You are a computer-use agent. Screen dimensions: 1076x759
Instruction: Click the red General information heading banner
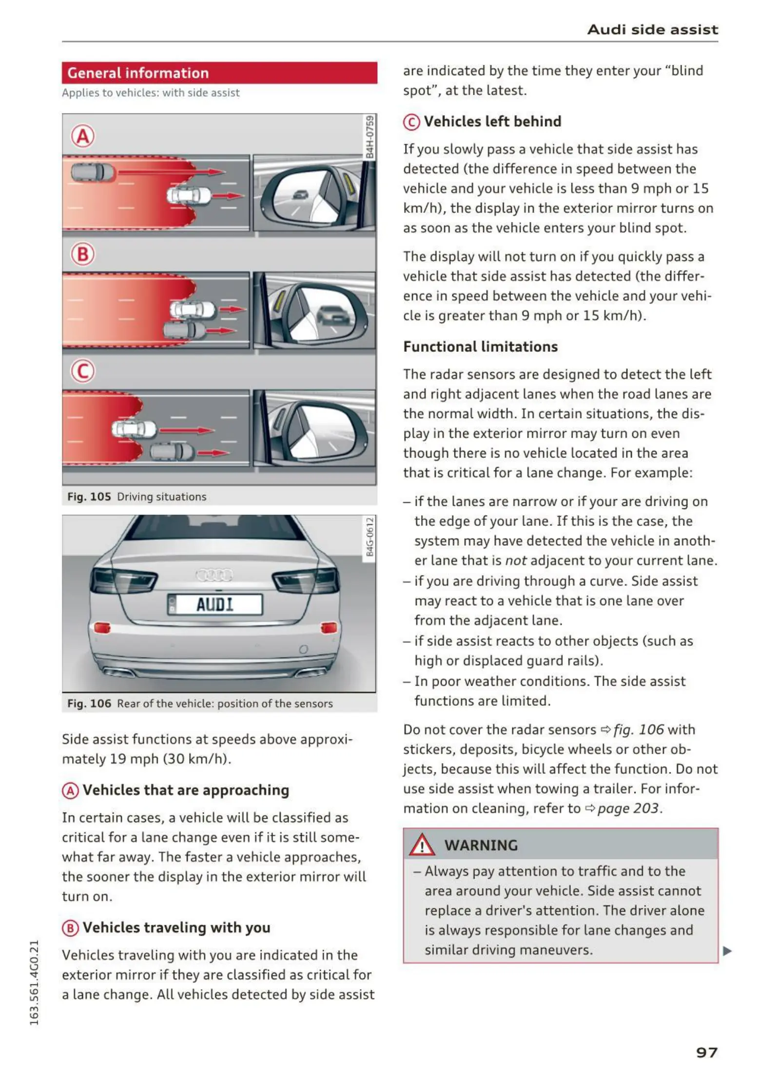click(219, 73)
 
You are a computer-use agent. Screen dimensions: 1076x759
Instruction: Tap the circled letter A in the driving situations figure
click(83, 136)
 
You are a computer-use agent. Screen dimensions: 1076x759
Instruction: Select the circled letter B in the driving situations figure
click(83, 254)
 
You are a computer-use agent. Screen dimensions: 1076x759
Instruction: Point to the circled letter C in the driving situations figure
click(83, 371)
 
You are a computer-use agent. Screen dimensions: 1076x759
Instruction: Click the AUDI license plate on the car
click(215, 605)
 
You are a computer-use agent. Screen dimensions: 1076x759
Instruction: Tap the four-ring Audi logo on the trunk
click(214, 575)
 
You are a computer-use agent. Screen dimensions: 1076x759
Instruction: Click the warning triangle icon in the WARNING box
click(422, 845)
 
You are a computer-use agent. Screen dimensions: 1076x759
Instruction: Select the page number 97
click(706, 1053)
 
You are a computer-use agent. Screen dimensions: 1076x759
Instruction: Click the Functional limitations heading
click(480, 346)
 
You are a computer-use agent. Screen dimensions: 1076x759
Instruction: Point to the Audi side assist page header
click(652, 30)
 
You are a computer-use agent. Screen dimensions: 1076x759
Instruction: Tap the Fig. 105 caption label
click(89, 497)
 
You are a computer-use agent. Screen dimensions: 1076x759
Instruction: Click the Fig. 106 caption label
click(89, 703)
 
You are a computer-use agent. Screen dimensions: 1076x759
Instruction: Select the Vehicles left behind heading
click(492, 121)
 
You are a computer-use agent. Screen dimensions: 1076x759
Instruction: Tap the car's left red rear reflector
click(102, 628)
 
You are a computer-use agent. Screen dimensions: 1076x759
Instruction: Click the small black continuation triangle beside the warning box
click(727, 951)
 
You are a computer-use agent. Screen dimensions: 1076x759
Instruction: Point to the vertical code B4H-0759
click(370, 136)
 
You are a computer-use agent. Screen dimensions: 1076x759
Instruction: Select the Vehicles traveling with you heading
click(176, 927)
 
